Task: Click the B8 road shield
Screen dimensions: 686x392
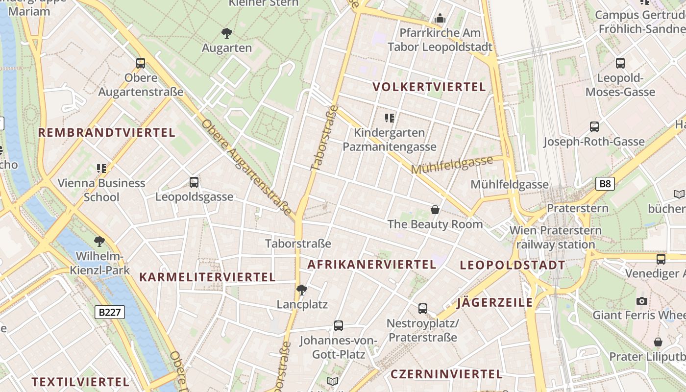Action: (605, 184)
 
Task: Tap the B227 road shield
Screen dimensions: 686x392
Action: (109, 312)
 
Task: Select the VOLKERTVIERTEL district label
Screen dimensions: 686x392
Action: (429, 87)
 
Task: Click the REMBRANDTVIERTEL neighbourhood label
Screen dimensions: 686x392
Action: (106, 132)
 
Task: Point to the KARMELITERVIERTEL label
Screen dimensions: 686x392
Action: (207, 277)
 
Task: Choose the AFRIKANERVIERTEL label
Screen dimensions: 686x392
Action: (371, 265)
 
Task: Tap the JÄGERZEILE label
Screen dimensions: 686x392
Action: (494, 302)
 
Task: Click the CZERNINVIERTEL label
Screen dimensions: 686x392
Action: (446, 374)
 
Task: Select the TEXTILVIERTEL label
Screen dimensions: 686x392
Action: (80, 382)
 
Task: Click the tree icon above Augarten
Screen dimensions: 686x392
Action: (226, 33)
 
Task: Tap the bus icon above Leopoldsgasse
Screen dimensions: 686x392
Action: (194, 182)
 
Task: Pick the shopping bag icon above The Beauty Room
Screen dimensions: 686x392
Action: (435, 210)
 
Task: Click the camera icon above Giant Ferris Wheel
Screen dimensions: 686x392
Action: (641, 301)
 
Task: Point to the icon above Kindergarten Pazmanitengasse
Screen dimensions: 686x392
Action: (390, 118)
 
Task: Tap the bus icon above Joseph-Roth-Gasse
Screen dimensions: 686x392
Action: (594, 127)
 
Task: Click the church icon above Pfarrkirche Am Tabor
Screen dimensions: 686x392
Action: (440, 19)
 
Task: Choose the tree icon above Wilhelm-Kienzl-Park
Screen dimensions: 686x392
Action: (99, 241)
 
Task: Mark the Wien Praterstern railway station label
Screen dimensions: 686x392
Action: (555, 237)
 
